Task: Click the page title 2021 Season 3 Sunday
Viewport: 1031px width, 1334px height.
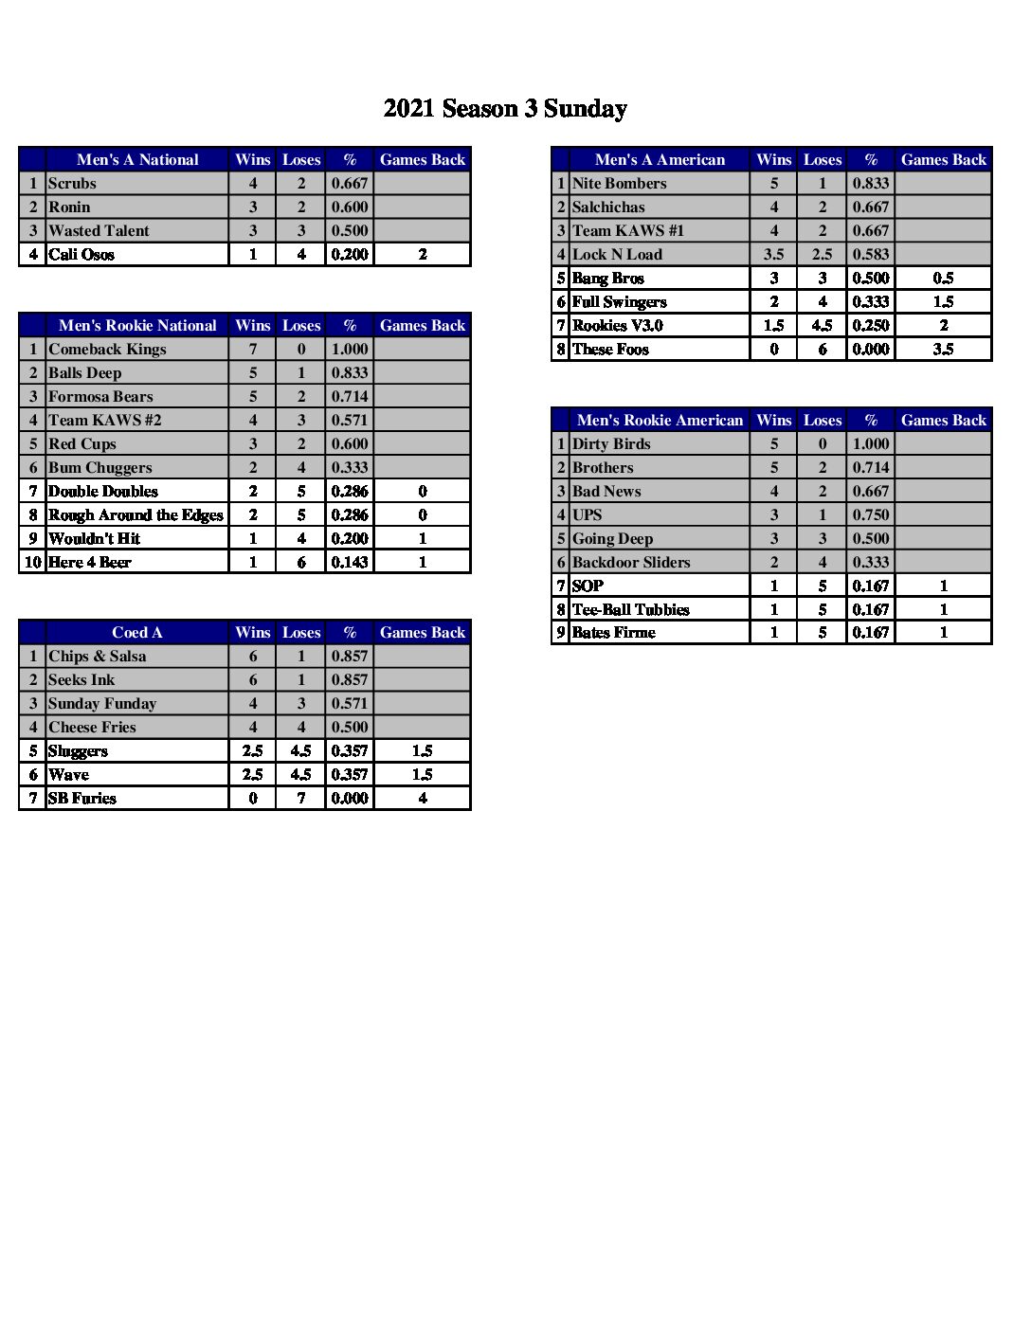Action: [x=505, y=109]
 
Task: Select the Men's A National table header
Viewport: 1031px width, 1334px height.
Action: [x=137, y=159]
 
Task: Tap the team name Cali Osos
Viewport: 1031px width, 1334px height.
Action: [x=81, y=254]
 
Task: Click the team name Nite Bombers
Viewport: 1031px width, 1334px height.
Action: [x=619, y=183]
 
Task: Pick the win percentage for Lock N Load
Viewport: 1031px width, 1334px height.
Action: [x=871, y=254]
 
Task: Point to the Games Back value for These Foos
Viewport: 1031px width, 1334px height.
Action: [x=943, y=349]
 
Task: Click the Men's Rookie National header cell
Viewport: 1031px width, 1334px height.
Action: [x=137, y=325]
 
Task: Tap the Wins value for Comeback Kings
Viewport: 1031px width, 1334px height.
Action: [x=253, y=349]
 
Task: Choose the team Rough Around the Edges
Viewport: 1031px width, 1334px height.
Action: [x=136, y=514]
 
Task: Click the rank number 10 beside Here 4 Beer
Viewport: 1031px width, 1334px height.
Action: [x=32, y=562]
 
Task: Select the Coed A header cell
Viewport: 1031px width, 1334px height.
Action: [x=137, y=632]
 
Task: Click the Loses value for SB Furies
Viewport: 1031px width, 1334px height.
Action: [x=301, y=798]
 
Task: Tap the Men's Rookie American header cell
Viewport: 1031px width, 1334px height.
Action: [x=660, y=420]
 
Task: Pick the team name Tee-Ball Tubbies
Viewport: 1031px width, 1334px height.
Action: [x=630, y=609]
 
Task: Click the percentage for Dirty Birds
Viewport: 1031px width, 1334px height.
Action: [x=871, y=443]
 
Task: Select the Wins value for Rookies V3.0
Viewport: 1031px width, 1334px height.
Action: [x=773, y=325]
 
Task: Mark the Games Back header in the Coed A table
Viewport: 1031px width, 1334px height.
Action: [x=423, y=632]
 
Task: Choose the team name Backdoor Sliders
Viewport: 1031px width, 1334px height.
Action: [x=631, y=562]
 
